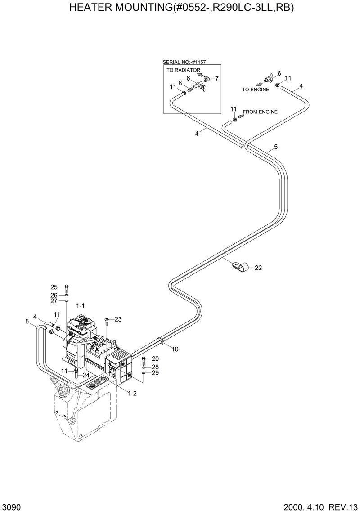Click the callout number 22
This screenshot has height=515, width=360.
coord(258,268)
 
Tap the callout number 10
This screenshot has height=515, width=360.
coord(175,349)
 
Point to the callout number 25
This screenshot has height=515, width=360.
coord(54,287)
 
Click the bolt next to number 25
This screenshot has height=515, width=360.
coord(66,287)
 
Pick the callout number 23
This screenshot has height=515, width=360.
coord(118,319)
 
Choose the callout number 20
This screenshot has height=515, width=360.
coord(155,358)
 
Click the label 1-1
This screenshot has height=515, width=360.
coord(81,306)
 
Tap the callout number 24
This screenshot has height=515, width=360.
coord(85,375)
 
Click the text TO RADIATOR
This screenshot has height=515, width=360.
coord(183,70)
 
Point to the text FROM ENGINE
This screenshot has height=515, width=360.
coord(260,112)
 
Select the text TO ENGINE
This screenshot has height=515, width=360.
coord(256,90)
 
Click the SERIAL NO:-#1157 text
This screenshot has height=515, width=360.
coord(187,63)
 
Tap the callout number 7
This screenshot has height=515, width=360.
coord(216,79)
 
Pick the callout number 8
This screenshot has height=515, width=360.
coord(180,83)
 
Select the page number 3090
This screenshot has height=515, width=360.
coord(11,508)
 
